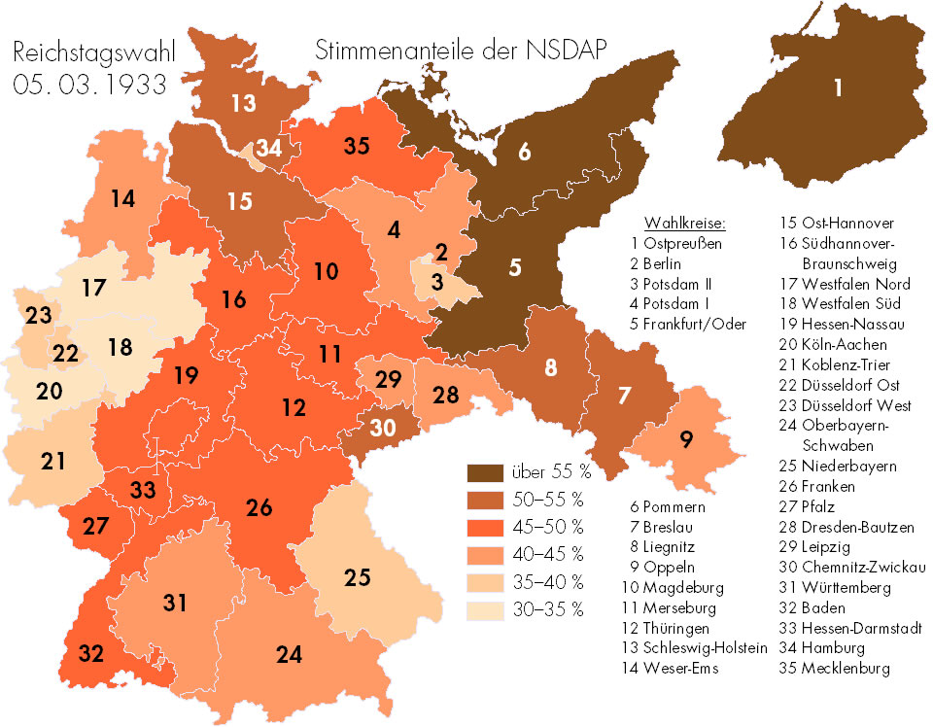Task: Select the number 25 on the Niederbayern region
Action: pyautogui.click(x=358, y=577)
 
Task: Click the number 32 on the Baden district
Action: pyautogui.click(x=90, y=653)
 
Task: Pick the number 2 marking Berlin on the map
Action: pyautogui.click(x=441, y=252)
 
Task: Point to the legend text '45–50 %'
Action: pyautogui.click(x=546, y=529)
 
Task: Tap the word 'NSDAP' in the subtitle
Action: pyautogui.click(x=559, y=51)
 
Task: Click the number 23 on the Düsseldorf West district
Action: pyautogui.click(x=39, y=316)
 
